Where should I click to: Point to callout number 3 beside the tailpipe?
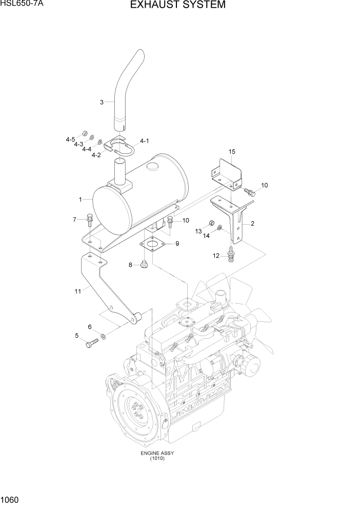coord(102,102)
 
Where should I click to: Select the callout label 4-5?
coord(70,140)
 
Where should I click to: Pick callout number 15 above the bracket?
coord(232,151)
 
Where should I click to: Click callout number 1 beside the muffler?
coord(80,199)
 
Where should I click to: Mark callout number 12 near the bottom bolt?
coord(216,255)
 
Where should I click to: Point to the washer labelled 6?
coord(104,336)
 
